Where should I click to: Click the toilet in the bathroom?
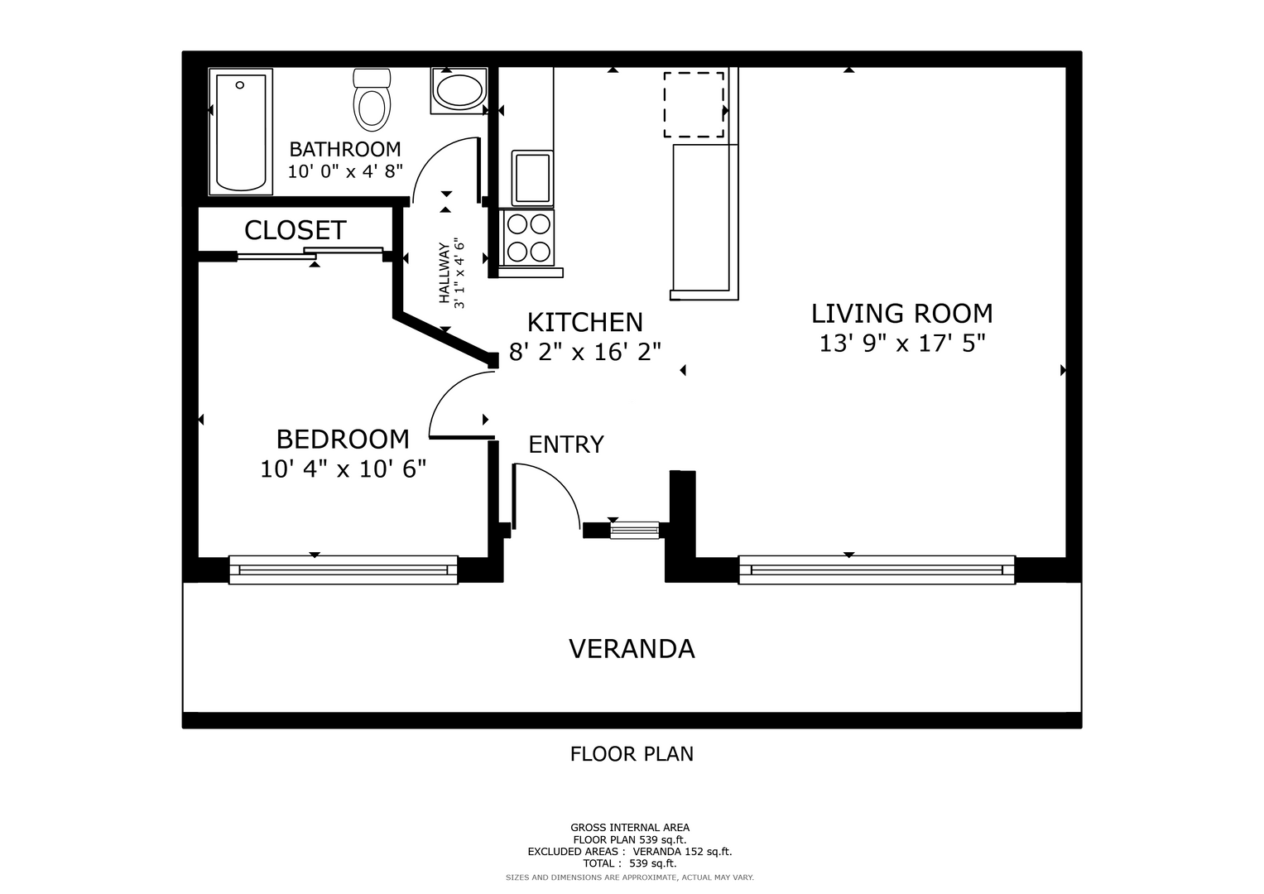tap(372, 100)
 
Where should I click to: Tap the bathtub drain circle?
tap(240, 85)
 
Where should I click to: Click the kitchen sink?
tap(532, 178)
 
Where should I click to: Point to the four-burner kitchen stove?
tap(529, 238)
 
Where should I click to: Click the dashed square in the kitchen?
tap(694, 105)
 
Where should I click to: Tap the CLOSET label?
tap(296, 230)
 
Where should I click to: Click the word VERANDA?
tap(632, 649)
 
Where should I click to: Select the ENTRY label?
tap(566, 445)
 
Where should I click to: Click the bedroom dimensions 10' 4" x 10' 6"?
tap(343, 469)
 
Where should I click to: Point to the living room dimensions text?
tap(902, 344)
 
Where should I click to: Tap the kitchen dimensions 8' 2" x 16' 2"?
tap(585, 352)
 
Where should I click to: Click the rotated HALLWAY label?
tap(445, 273)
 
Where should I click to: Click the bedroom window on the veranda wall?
tap(343, 570)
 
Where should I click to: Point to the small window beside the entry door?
tap(635, 531)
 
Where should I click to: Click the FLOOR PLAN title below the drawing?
tap(632, 754)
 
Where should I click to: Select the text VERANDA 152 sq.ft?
tap(682, 852)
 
